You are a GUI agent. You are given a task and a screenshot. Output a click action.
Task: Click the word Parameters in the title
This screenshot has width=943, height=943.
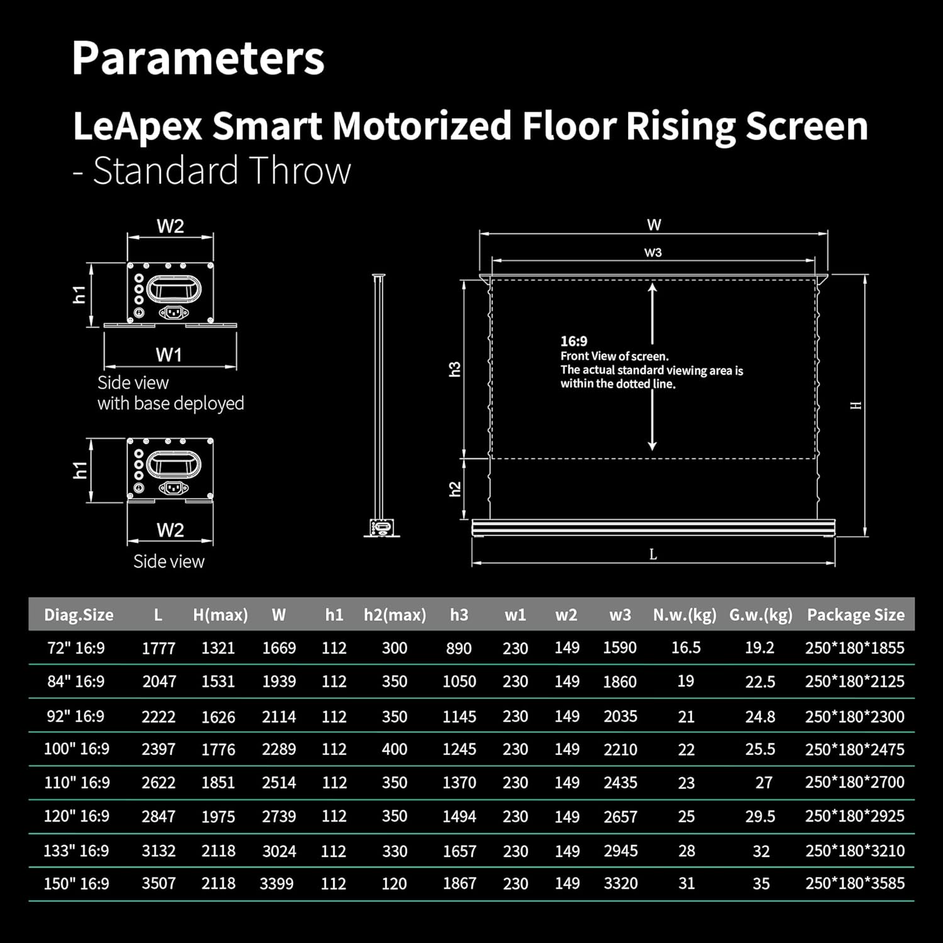[x=198, y=58]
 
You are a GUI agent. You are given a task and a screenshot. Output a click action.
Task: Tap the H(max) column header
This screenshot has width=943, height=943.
[x=220, y=615]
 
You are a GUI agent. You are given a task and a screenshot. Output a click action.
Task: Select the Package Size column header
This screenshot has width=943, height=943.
[x=856, y=615]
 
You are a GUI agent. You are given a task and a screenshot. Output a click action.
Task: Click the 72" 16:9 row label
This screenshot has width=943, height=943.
[x=76, y=648]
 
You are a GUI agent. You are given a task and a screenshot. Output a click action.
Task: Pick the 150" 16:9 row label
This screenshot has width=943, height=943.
[x=76, y=883]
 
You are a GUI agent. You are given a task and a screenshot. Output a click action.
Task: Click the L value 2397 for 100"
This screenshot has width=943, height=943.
[x=158, y=749]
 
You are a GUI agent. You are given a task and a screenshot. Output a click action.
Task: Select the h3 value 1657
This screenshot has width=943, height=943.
[x=459, y=851]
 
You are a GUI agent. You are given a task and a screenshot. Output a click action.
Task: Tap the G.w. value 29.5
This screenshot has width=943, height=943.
[x=760, y=816]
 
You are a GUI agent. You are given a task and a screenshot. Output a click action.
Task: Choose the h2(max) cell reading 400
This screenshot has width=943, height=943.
[x=394, y=749]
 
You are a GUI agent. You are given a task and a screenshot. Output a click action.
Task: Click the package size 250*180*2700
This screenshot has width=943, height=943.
[x=854, y=783]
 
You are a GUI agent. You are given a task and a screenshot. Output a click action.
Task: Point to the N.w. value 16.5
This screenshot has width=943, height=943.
[x=686, y=648]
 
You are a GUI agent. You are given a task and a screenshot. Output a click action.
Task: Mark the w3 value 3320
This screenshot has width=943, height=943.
[x=620, y=883]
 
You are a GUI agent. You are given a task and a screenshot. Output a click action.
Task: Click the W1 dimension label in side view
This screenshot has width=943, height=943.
[x=168, y=355]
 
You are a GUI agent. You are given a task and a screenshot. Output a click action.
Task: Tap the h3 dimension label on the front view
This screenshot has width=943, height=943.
[x=455, y=369]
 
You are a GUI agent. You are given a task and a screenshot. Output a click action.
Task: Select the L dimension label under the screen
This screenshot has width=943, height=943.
[x=653, y=554]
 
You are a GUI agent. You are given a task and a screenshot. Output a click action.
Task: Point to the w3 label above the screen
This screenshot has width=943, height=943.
[x=653, y=253]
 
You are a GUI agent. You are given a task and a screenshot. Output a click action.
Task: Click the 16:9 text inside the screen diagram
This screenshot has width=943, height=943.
[x=574, y=341]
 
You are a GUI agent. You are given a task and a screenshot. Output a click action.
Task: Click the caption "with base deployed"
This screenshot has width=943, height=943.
[x=170, y=404]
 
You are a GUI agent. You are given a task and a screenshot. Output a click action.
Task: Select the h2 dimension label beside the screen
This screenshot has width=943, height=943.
[x=455, y=489]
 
